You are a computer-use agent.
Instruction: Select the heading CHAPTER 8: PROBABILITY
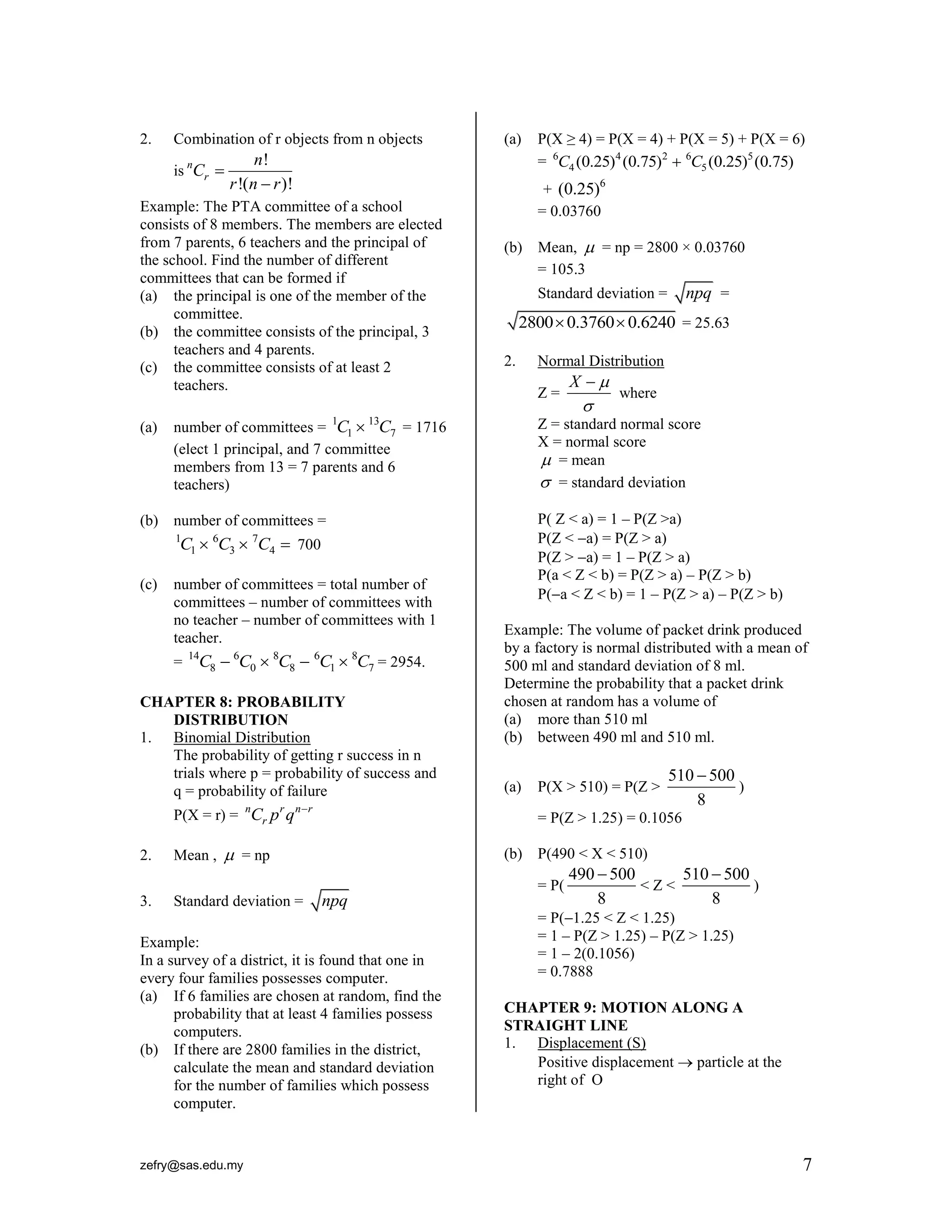point(243,702)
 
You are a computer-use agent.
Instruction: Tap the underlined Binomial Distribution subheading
point(241,737)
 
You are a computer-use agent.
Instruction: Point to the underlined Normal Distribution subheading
point(600,361)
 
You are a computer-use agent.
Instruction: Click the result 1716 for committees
point(431,427)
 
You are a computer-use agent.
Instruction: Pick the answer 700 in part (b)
point(309,544)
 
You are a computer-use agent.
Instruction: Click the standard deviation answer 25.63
point(712,323)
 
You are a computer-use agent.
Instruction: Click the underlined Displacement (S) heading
point(591,1043)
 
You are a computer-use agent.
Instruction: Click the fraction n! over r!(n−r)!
point(261,172)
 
